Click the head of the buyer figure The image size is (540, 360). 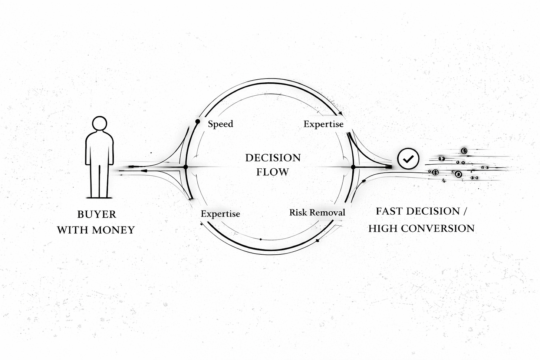[99, 124]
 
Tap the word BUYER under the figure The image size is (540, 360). [96, 214]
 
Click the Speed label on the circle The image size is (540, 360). [220, 124]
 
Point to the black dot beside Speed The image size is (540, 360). [198, 121]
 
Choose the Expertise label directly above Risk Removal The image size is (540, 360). [323, 124]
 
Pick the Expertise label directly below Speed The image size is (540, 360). [220, 214]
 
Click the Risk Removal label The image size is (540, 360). [317, 212]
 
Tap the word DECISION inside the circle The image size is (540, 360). [273, 158]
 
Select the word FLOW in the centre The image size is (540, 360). [273, 172]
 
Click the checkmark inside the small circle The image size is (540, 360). [408, 159]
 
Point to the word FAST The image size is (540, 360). [388, 211]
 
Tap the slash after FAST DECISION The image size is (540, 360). [464, 211]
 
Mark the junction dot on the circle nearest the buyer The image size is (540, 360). [186, 167]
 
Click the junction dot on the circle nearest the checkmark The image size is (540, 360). [353, 167]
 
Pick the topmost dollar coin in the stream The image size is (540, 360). [464, 151]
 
